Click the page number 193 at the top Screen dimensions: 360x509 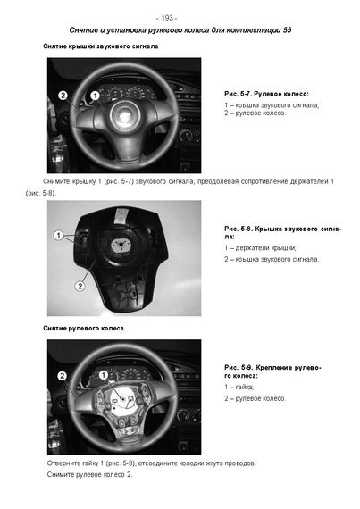click(167, 18)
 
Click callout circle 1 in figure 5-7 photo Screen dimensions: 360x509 click(95, 96)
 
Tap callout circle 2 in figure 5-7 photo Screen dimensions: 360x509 click(63, 96)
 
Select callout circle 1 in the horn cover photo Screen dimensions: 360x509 click(58, 235)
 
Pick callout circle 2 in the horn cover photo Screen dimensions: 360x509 click(80, 286)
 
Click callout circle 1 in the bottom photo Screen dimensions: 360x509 click(104, 375)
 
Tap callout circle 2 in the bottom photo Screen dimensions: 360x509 click(62, 376)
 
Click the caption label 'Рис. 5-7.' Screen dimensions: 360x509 click(238, 94)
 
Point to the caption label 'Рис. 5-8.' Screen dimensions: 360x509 click(238, 229)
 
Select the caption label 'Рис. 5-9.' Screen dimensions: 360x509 click(239, 368)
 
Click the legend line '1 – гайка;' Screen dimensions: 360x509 click(239, 387)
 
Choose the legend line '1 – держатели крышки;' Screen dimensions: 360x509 click(260, 248)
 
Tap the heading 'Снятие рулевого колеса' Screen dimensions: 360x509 click(83, 329)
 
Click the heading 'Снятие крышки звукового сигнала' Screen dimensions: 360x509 click(101, 46)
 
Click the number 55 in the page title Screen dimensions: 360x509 click(287, 30)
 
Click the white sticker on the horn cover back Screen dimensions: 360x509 click(121, 215)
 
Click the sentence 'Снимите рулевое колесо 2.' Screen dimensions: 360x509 click(89, 474)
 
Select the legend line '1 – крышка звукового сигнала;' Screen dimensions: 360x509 click(272, 105)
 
